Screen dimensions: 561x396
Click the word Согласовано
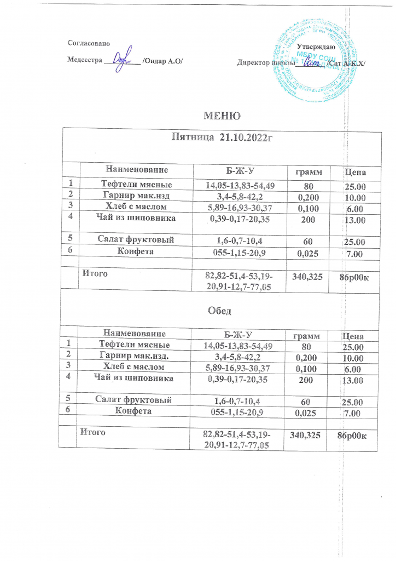coord(88,43)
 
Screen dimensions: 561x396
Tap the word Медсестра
coord(84,61)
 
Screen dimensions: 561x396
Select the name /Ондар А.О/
coord(162,61)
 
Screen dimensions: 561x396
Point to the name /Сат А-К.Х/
coord(346,64)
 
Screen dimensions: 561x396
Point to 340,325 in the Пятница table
coord(307,278)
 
